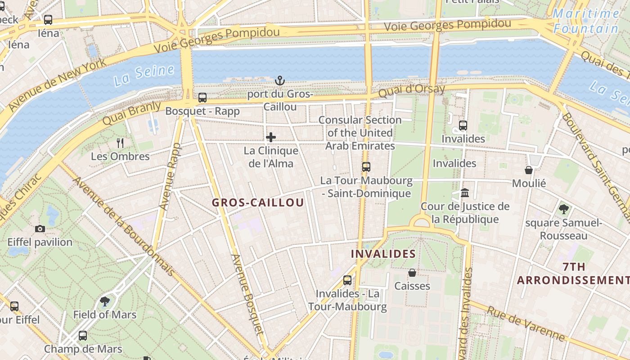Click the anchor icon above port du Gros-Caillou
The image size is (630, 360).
[280, 81]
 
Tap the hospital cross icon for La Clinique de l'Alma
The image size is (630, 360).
[271, 137]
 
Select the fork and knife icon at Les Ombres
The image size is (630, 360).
[120, 143]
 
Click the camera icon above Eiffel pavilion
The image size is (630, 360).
[40, 229]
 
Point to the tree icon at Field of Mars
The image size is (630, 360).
[105, 301]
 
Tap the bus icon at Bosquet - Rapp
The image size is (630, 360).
[202, 97]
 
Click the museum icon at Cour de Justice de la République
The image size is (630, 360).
[465, 193]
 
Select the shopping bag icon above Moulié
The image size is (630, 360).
[529, 170]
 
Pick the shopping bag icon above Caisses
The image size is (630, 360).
[412, 273]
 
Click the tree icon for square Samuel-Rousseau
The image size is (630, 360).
[563, 209]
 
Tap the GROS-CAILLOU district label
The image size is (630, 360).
[258, 202]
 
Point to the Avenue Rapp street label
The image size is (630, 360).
[170, 176]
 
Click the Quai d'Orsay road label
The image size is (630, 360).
[411, 90]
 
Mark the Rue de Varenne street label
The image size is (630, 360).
[526, 324]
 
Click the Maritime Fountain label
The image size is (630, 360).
[586, 21]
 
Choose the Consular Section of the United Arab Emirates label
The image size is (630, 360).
[360, 133]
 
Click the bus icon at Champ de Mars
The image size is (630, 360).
[83, 336]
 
